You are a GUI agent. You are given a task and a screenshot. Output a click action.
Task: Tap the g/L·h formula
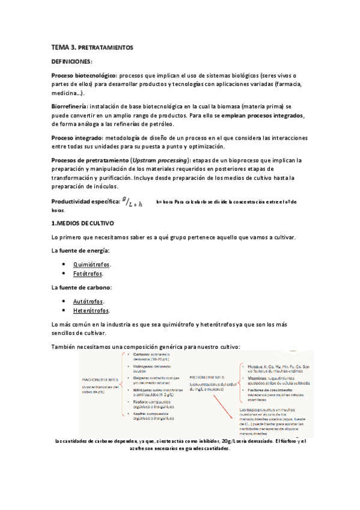point(132,203)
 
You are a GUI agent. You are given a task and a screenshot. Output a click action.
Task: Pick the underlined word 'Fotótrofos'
point(88,274)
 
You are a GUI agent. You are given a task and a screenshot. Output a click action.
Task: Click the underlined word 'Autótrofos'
point(88,301)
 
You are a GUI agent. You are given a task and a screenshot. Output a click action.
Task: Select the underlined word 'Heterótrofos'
point(91,311)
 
